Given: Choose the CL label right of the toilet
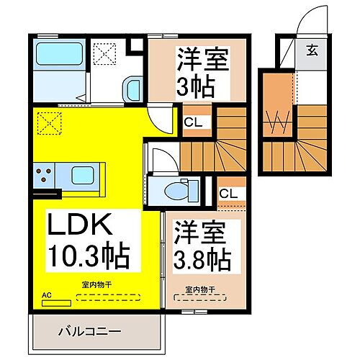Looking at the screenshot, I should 229,194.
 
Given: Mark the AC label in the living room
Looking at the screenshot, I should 47,294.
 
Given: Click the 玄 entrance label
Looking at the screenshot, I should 312,50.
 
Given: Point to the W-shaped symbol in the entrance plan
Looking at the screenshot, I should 279,124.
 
